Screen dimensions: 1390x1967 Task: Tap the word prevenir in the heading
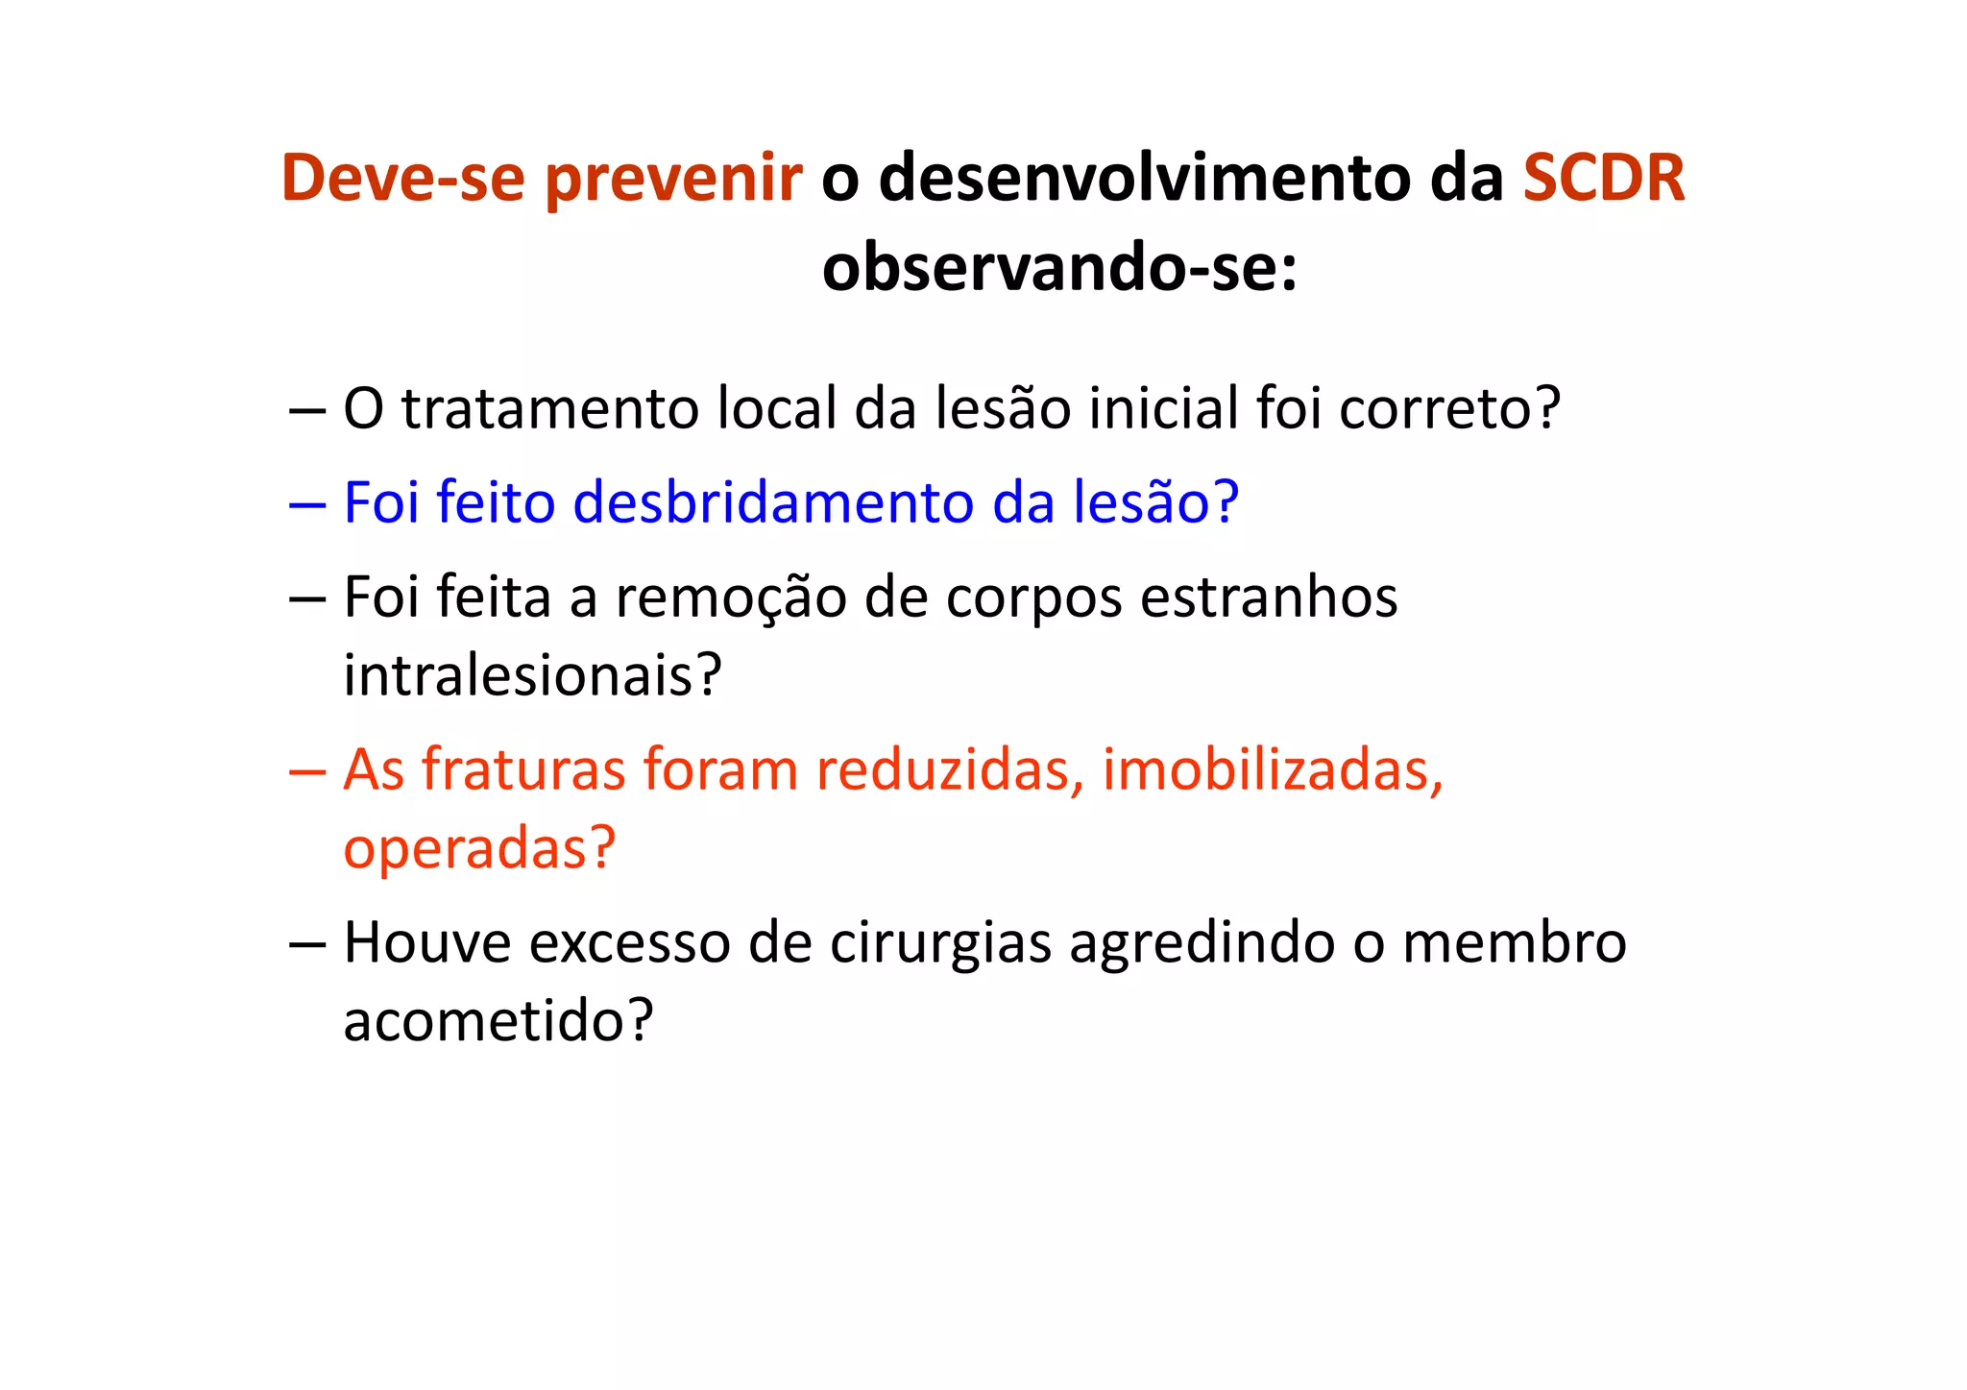(673, 180)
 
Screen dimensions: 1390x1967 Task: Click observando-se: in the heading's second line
(1059, 267)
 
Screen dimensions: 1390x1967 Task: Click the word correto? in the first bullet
(1449, 408)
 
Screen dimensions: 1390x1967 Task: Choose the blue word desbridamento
(773, 502)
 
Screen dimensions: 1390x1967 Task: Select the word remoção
(731, 597)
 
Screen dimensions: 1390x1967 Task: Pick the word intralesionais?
(532, 675)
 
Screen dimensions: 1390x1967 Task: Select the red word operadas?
(479, 848)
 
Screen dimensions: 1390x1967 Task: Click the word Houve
(427, 942)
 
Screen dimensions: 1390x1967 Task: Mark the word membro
(1514, 942)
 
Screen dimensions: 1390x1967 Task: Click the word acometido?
(498, 1020)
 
